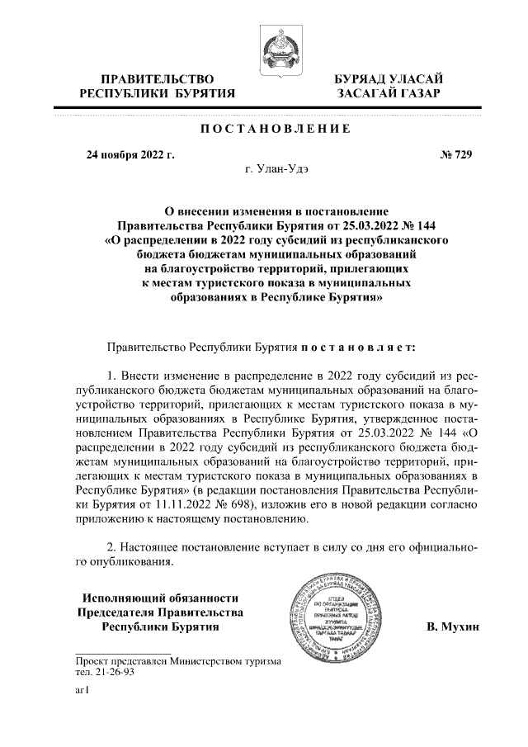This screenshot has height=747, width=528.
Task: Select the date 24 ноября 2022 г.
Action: click(131, 154)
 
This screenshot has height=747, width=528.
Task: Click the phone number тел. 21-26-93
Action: click(105, 672)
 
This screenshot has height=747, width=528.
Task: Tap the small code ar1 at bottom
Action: click(81, 693)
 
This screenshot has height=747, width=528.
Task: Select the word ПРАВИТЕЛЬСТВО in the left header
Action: click(157, 79)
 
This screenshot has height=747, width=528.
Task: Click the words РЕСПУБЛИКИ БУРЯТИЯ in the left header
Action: click(157, 95)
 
